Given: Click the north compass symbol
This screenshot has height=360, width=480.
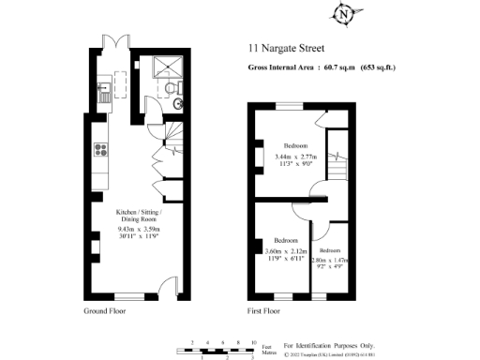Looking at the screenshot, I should coord(346,14).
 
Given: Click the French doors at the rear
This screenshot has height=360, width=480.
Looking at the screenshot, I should coord(114,44).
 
